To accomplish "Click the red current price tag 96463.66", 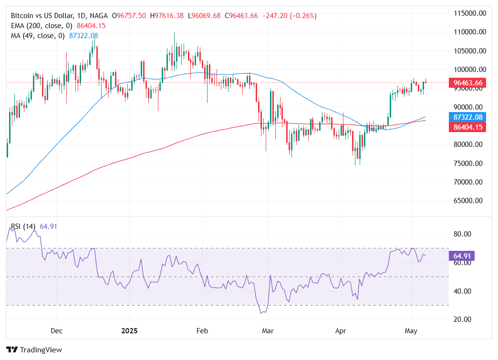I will pos(468,83).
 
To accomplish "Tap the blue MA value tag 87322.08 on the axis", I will pos(468,117).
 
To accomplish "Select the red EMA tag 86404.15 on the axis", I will pos(468,127).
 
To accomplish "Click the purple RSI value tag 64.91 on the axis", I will pos(461,256).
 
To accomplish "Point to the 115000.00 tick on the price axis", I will pos(469,13).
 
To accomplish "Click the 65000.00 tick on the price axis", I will pos(469,201).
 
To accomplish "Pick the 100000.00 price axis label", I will pos(469,70).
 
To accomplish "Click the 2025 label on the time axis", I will pos(130,330).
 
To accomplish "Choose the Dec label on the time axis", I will pos(56,330).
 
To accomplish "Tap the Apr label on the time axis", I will pos(341,330).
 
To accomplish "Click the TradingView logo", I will pos(34,350).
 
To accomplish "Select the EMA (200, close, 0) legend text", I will pos(41,26).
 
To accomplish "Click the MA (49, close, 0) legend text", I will pos(37,36).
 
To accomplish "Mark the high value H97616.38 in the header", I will pos(166,16).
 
